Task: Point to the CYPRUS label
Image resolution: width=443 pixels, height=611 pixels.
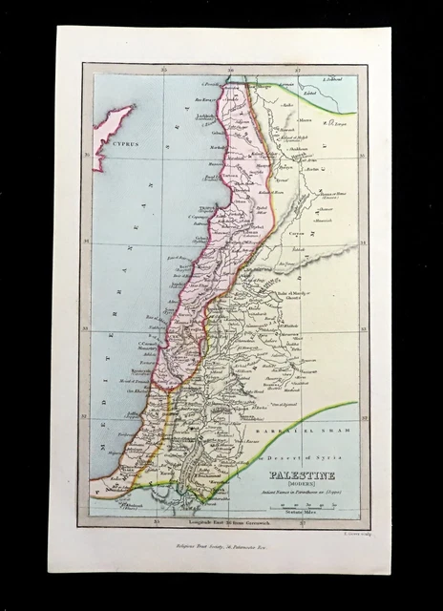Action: pos(123,142)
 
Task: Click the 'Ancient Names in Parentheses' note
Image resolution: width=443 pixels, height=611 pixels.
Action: pos(303,494)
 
